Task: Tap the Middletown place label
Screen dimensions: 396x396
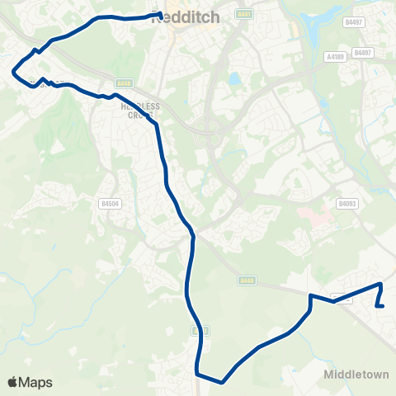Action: (x=356, y=374)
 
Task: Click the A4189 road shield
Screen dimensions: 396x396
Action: (x=334, y=57)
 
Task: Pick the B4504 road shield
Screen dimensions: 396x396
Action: (x=109, y=203)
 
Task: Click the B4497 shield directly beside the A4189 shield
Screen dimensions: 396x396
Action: (x=362, y=52)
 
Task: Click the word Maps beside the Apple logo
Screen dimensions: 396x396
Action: (x=36, y=382)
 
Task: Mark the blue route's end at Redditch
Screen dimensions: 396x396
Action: (x=160, y=14)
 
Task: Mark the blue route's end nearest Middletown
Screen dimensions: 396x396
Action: (x=377, y=307)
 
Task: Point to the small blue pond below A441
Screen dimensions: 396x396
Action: (x=235, y=80)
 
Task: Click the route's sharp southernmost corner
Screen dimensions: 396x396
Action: (x=223, y=382)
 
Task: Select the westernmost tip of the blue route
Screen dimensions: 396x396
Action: (x=12, y=72)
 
